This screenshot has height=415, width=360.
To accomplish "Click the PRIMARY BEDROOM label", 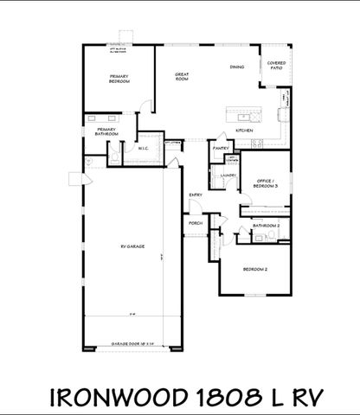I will point(119,80).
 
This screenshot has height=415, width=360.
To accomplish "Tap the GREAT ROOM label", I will point(182,77).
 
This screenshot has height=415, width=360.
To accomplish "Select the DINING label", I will point(236,67).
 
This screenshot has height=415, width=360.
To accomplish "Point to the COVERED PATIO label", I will point(276,65).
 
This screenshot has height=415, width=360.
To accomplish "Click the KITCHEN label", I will point(244,131).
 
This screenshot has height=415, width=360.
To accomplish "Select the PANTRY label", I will point(221,149).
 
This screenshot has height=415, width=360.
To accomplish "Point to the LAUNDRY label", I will point(228,176).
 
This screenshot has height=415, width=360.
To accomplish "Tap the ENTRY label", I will point(196,195).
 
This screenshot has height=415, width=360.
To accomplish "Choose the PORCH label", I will point(196,224).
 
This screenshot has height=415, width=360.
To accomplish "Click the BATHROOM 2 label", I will point(266,225).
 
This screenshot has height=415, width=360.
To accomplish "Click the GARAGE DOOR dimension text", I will point(132,343).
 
